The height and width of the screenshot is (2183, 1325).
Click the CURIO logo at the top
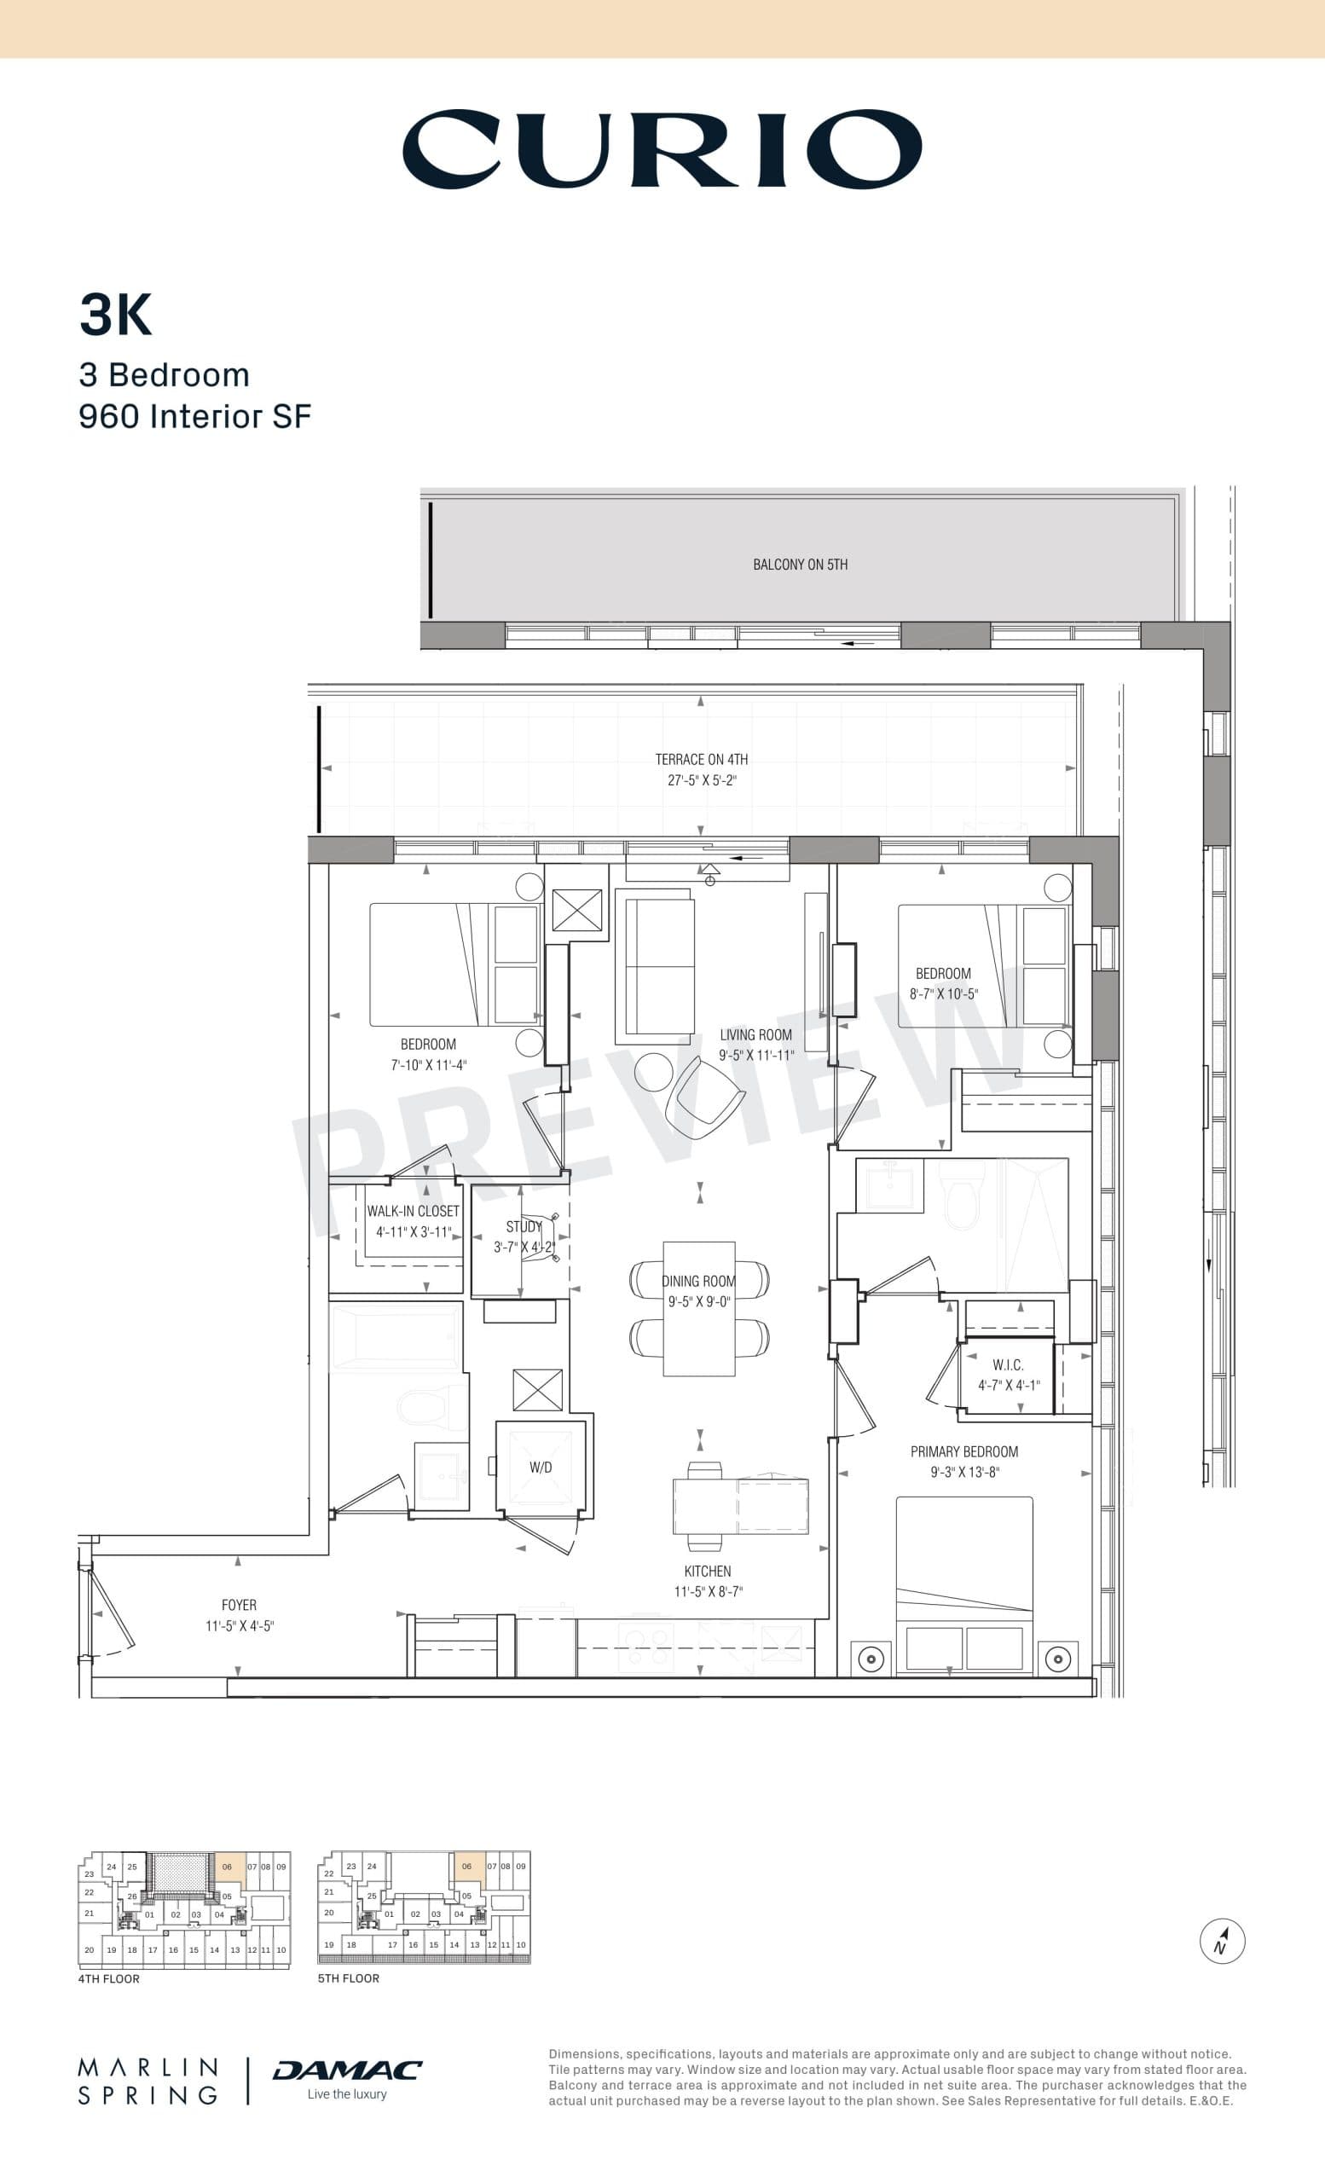[662, 148]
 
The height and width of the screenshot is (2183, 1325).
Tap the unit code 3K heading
[116, 315]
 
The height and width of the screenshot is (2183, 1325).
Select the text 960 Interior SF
[195, 416]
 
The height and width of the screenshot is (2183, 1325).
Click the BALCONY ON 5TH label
[800, 565]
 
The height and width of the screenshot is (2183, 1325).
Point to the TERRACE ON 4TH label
[702, 759]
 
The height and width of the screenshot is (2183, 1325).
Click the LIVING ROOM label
[755, 1035]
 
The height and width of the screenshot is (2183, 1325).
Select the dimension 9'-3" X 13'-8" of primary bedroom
[963, 1473]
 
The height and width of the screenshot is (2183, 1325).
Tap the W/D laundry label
[541, 1468]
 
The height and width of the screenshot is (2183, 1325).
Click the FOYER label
[239, 1606]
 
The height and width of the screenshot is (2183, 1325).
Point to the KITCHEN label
[707, 1571]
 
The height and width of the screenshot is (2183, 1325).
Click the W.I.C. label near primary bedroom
[1008, 1365]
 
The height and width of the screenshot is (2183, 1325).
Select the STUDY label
[524, 1227]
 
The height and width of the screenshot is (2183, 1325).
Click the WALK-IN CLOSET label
[414, 1211]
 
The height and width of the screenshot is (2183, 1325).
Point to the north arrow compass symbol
[1223, 1941]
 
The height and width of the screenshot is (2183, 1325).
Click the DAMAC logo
[347, 2070]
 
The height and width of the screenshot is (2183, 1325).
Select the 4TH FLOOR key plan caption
[109, 1978]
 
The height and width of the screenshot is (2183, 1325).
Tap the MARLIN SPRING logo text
[148, 2082]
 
